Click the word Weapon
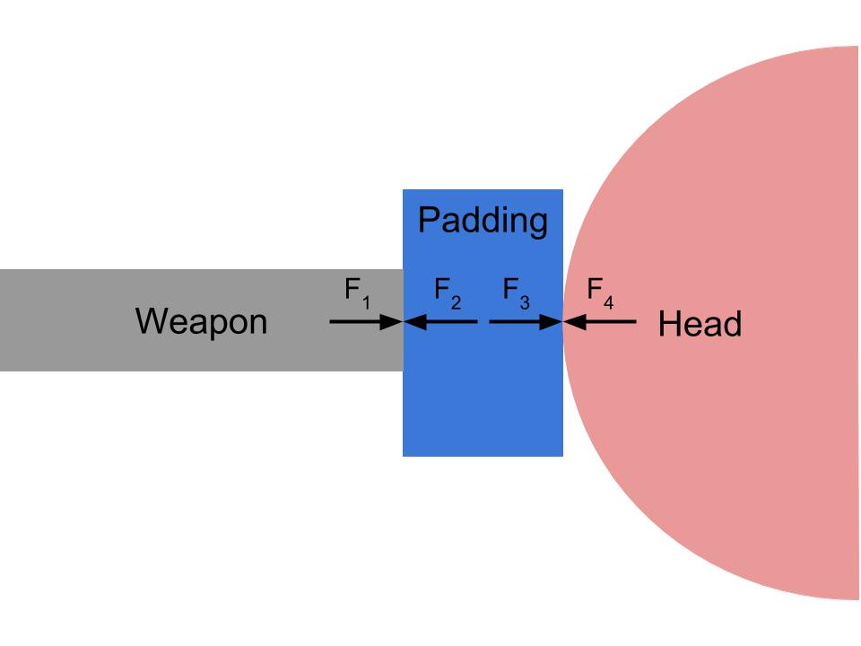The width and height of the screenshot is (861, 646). click(x=201, y=321)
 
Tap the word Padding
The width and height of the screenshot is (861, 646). click(x=483, y=220)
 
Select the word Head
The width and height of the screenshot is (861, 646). click(x=700, y=324)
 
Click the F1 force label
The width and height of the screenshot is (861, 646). click(x=357, y=292)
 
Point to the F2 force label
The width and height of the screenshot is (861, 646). click(x=447, y=292)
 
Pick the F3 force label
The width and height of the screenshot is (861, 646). click(x=516, y=292)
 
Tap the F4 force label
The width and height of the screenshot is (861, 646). click(x=600, y=292)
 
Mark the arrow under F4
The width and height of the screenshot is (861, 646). click(x=600, y=320)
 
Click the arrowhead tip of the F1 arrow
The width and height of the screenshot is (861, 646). click(x=400, y=320)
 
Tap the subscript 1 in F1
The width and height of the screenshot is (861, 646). click(x=366, y=302)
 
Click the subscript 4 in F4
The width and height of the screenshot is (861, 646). click(x=608, y=302)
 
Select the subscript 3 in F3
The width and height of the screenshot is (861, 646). click(x=525, y=302)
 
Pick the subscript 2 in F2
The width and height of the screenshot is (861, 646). click(x=456, y=302)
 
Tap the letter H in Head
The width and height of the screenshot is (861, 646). click(x=668, y=324)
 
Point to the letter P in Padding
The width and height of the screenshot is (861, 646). click(x=429, y=220)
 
